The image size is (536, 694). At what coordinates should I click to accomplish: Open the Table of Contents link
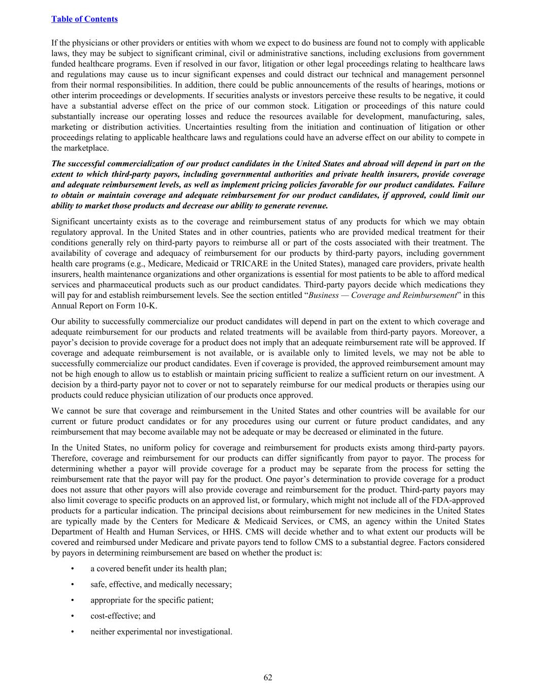click(84, 19)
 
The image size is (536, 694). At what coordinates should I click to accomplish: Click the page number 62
click(268, 677)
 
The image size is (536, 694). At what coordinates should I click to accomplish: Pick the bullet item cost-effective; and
click(123, 616)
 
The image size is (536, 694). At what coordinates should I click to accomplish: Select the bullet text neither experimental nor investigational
click(161, 631)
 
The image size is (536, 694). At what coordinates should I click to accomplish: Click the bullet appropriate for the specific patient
click(152, 600)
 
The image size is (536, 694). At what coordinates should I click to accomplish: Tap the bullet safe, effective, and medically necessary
click(161, 584)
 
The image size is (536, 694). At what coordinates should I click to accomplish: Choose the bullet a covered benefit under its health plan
click(159, 568)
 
